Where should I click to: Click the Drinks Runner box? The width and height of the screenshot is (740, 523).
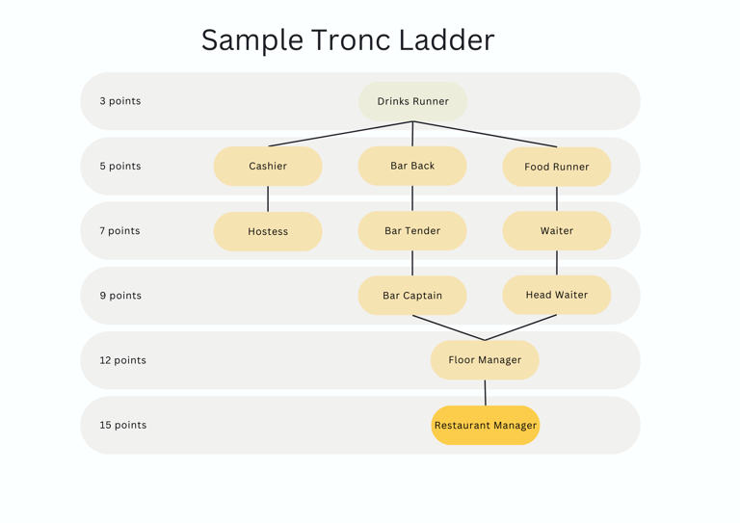(x=413, y=101)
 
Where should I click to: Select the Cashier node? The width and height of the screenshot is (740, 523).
(x=268, y=166)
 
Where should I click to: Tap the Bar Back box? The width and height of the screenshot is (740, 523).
(x=412, y=166)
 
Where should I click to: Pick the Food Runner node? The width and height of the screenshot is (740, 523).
(x=557, y=167)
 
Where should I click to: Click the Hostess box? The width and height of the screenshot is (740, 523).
(x=268, y=231)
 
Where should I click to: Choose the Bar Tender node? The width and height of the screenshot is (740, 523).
(x=412, y=230)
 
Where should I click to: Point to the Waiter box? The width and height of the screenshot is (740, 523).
(x=557, y=230)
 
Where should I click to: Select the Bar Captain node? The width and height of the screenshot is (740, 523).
(x=412, y=296)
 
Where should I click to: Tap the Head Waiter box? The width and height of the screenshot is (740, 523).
(x=557, y=295)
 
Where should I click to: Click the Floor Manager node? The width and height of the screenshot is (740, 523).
(x=485, y=360)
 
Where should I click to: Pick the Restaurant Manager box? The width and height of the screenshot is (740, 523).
(x=486, y=425)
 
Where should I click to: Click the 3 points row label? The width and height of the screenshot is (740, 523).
(x=120, y=101)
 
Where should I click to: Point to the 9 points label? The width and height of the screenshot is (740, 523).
(x=120, y=296)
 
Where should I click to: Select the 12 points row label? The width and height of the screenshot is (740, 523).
(x=122, y=360)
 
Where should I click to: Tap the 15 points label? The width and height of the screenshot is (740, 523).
(x=123, y=425)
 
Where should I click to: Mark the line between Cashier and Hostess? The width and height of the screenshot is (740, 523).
(x=268, y=198)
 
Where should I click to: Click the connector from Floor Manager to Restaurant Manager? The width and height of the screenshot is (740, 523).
(x=486, y=392)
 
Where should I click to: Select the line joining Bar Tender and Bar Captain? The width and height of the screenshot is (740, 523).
(x=412, y=263)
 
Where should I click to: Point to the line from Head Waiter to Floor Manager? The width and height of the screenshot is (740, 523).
(x=521, y=327)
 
